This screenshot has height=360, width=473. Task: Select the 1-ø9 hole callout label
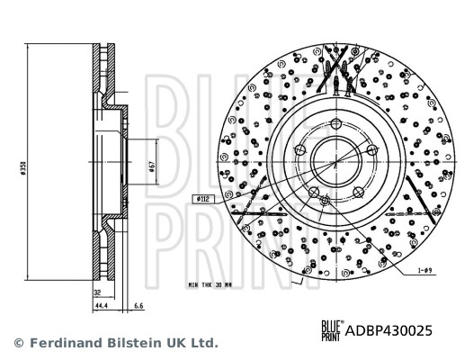[427, 270]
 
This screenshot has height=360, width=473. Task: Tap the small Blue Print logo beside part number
[333, 329]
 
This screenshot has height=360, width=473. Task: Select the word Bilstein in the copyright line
[126, 343]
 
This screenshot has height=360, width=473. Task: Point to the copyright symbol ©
[17, 343]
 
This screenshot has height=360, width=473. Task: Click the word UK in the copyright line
[171, 343]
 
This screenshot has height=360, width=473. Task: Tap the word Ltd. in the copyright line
[202, 343]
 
